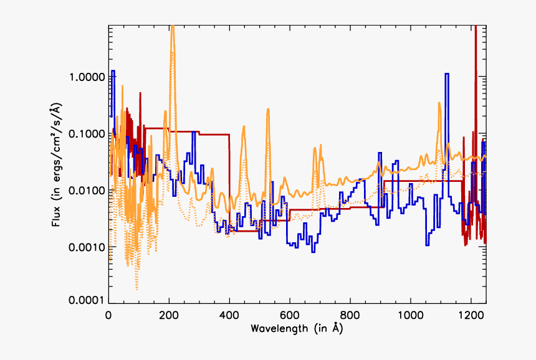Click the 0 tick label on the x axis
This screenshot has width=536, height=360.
(108, 315)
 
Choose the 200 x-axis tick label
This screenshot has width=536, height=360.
(169, 315)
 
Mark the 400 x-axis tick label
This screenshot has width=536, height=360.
(229, 315)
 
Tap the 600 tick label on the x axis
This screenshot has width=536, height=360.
(290, 315)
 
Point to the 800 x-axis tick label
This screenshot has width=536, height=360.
(350, 315)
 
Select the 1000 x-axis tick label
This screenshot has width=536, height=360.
(411, 315)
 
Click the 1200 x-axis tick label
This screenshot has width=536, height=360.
(471, 315)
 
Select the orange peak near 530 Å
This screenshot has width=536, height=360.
(269, 110)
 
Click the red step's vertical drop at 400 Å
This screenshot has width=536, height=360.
(229, 181)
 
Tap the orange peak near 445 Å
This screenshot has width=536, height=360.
(243, 126)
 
